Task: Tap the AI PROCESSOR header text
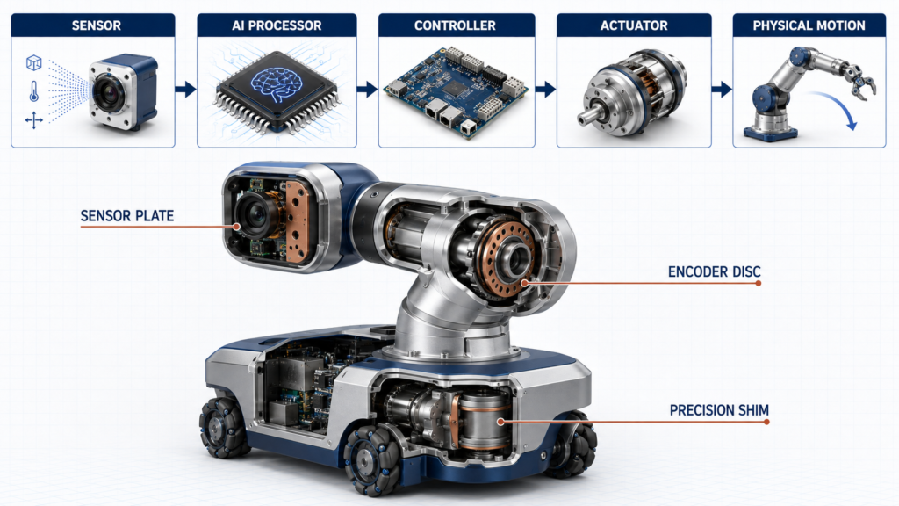click(277, 25)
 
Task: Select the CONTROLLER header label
click(455, 25)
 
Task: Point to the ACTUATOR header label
click(634, 25)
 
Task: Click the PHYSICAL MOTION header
click(809, 25)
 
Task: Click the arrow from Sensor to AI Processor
click(186, 89)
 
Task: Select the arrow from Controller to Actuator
click(546, 89)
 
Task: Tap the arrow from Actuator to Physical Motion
click(722, 89)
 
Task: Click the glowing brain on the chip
click(276, 86)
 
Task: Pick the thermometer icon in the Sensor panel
click(34, 91)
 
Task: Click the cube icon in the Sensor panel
click(34, 62)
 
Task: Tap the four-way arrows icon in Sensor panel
click(34, 120)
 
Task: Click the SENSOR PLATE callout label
click(126, 216)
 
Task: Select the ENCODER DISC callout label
click(714, 271)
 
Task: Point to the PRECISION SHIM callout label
click(719, 410)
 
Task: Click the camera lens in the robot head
click(255, 215)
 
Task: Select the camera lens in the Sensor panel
click(108, 91)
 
